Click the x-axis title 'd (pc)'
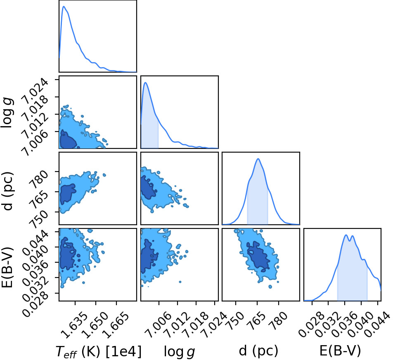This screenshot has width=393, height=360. coord(258,351)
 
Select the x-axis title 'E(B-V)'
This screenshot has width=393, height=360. coord(340,351)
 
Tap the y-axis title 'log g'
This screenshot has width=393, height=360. coord(7,113)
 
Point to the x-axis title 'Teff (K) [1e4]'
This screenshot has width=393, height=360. coord(99,351)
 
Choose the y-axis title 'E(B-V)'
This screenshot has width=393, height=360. coord(7,267)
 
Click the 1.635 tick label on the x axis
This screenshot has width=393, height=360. coord(74,325)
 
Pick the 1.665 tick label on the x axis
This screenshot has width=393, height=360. coord(116,325)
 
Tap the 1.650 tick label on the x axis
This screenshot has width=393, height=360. coord(95,325)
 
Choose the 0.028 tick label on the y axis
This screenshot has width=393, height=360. coord(36,304)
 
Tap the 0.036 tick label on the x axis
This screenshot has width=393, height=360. coord(344,325)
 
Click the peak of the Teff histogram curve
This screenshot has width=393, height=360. coord(64,6)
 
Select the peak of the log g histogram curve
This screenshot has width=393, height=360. coord(145,82)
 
